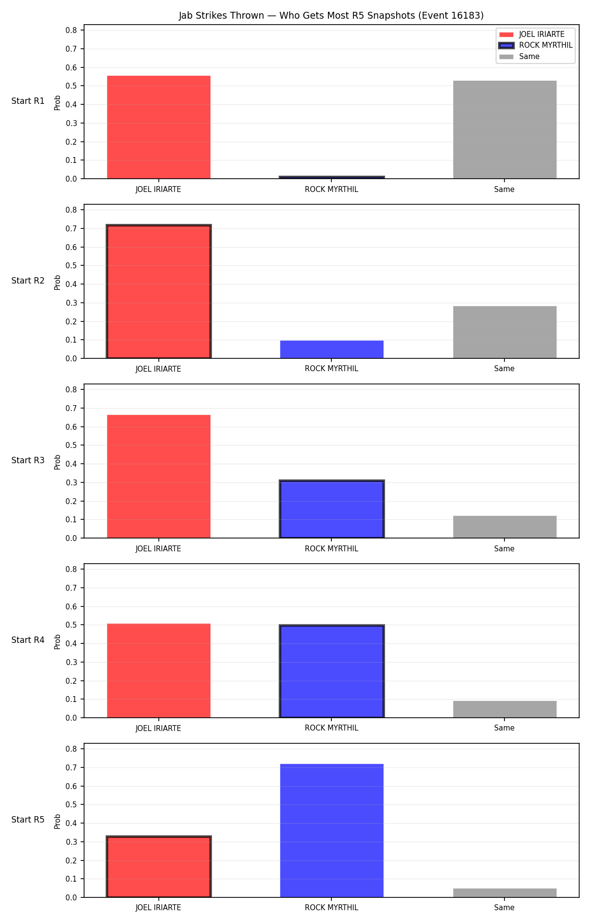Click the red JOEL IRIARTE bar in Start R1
(158, 127)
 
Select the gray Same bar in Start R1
(504, 129)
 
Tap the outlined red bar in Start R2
(158, 291)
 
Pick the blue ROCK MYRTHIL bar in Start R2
(331, 350)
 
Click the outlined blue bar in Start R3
(331, 509)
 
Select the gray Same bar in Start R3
(504, 527)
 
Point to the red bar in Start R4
(158, 670)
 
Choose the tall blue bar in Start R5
(331, 830)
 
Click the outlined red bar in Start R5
(158, 866)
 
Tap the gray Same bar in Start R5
(504, 893)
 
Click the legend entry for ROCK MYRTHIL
(536, 45)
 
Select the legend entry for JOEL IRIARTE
(532, 34)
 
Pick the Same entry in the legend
(520, 57)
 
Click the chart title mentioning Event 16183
(331, 16)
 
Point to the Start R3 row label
(28, 460)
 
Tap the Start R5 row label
(28, 820)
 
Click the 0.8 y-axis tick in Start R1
(71, 30)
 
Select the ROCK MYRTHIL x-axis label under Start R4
(331, 728)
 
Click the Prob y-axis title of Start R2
(58, 282)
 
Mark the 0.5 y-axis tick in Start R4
(71, 625)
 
